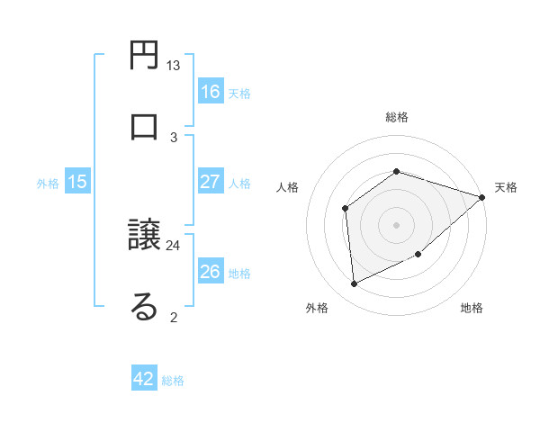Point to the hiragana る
point(145,306)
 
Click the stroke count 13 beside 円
point(174,66)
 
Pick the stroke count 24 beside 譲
point(174,244)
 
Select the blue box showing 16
point(211,91)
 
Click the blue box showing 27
point(211,182)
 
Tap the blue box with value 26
point(211,272)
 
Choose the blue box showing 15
point(77,182)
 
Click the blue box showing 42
point(144,379)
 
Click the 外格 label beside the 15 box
point(48,183)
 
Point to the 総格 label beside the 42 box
point(173,381)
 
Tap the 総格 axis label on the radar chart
point(397,117)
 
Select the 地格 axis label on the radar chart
point(472,308)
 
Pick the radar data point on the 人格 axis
point(346,209)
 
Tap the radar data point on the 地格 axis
point(419,256)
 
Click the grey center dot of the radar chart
point(397,225)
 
